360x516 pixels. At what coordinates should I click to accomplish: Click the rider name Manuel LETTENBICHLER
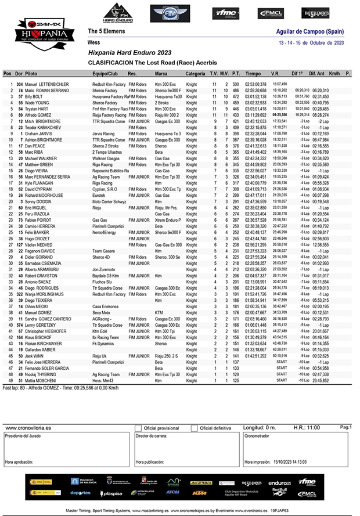[47, 85]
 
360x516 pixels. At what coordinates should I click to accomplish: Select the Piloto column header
[33, 74]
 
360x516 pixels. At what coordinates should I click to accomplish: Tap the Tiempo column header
[253, 74]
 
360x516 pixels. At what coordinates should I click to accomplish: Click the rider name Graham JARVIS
[39, 133]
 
